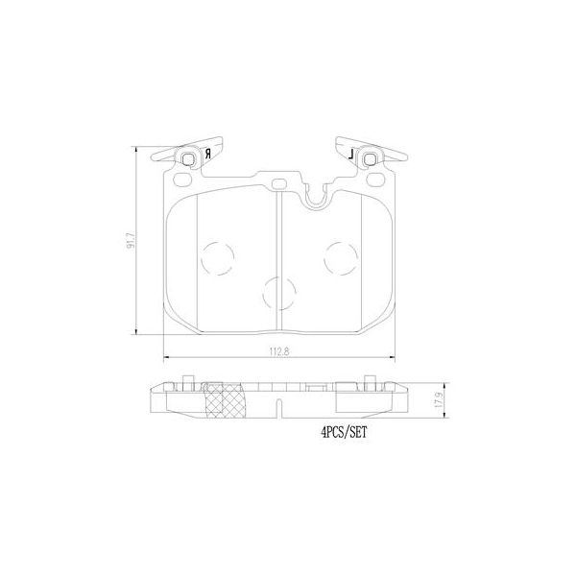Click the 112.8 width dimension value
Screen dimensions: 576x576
tap(279, 349)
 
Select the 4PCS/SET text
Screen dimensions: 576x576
tap(345, 434)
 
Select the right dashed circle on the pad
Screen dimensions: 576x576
tap(341, 256)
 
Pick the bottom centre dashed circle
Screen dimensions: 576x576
tap(279, 292)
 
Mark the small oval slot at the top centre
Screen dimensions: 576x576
tap(279, 181)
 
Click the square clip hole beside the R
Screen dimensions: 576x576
tap(190, 157)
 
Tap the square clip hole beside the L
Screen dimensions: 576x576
tap(369, 157)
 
